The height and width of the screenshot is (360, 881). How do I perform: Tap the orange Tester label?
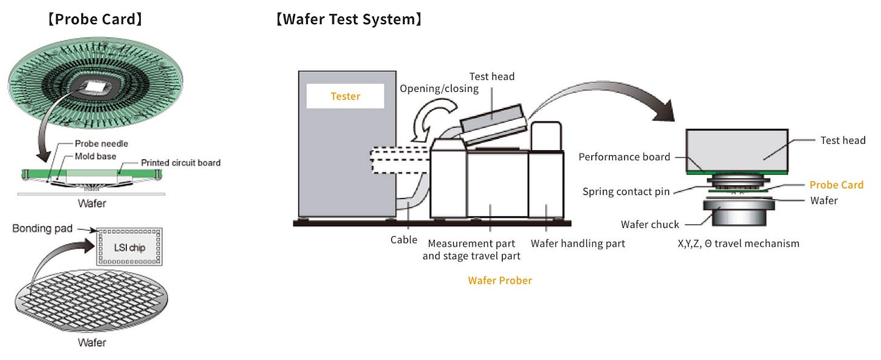click(x=345, y=96)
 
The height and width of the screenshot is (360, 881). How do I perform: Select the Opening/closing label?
click(x=439, y=88)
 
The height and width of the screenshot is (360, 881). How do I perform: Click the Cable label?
click(x=404, y=240)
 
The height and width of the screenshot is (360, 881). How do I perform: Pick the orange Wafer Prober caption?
click(x=500, y=280)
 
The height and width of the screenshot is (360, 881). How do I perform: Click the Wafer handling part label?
click(x=577, y=243)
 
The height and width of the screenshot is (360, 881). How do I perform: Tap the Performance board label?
click(x=624, y=157)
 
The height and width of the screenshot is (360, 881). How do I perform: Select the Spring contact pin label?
click(x=626, y=192)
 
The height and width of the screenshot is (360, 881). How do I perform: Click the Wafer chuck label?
click(x=650, y=224)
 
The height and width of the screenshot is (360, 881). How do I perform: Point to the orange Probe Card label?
click(x=836, y=185)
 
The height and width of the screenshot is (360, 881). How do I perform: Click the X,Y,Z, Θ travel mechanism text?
click(x=738, y=243)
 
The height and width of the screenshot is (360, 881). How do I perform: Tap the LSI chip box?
click(x=129, y=247)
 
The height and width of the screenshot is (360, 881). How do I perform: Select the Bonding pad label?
click(x=42, y=229)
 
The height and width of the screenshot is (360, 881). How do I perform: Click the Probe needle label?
click(x=101, y=144)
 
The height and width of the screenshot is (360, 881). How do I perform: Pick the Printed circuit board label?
click(x=180, y=163)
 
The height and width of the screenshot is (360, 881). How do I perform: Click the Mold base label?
click(x=96, y=156)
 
